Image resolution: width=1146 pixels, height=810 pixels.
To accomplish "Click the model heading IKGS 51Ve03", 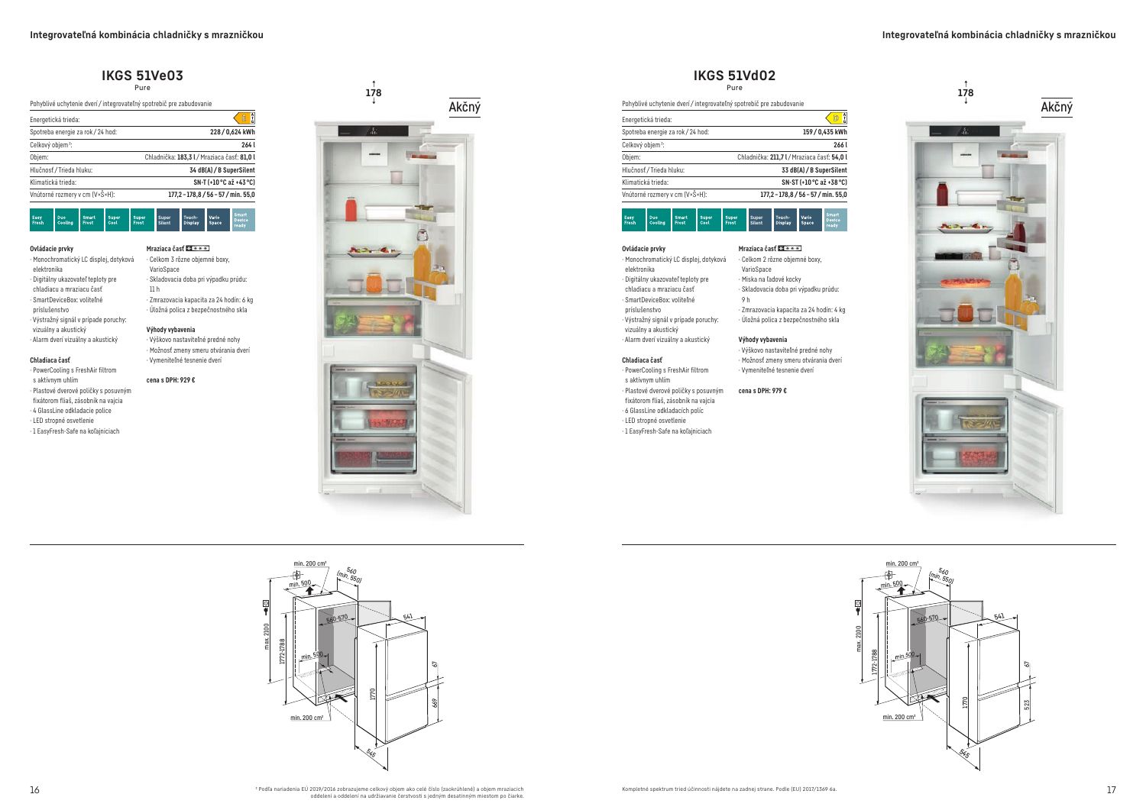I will [142, 76].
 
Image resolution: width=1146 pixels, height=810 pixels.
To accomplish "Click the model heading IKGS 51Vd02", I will [734, 76].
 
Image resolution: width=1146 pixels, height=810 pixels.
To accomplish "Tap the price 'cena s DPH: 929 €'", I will [170, 380].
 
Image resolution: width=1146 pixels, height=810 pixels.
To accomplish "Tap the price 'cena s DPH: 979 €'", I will [762, 391].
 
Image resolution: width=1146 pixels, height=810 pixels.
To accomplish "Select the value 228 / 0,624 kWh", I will [232, 132].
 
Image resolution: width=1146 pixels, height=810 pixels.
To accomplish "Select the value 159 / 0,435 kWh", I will [824, 132].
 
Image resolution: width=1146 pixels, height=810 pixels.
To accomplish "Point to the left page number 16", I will [34, 790].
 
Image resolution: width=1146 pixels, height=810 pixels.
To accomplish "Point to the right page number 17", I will [1111, 790].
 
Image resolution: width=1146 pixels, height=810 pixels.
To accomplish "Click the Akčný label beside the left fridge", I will [465, 108].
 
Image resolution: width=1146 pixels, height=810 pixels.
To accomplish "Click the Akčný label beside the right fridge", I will [1057, 108].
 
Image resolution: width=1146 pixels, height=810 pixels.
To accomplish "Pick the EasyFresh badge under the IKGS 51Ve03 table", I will [41, 221].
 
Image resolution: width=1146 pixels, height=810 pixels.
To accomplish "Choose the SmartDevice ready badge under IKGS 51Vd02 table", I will [835, 221].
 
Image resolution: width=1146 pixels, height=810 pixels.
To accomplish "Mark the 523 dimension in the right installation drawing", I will [1026, 703].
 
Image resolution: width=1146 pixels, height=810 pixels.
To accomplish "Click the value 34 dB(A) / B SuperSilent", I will [222, 169].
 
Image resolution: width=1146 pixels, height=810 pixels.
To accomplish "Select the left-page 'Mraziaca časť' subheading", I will [165, 248].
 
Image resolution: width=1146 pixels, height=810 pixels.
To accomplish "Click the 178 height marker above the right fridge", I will [966, 93].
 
